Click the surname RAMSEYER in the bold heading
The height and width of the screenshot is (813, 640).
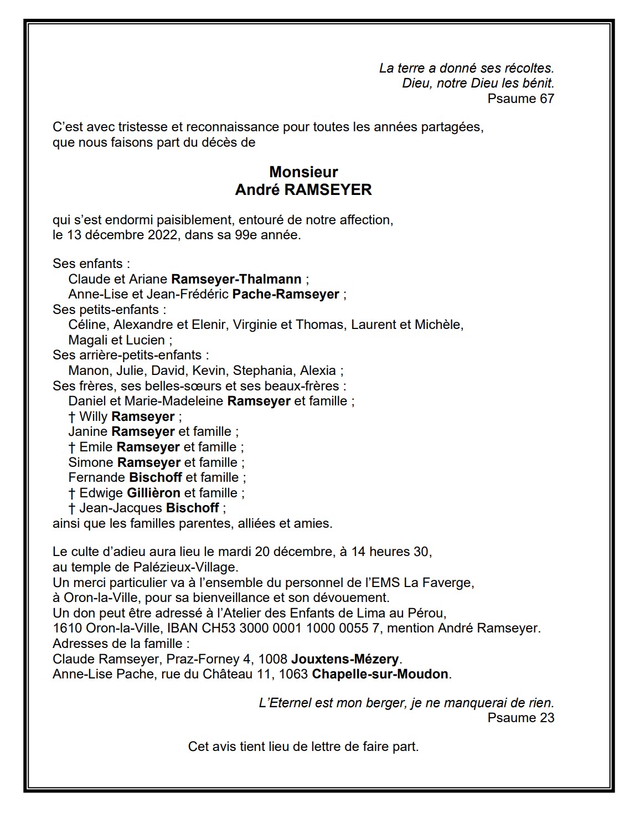click(x=328, y=190)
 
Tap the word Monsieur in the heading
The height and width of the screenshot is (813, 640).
click(x=303, y=172)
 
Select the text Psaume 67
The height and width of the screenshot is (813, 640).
click(x=520, y=99)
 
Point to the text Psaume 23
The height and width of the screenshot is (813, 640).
click(x=520, y=718)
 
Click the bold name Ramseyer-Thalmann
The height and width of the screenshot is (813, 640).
click(x=236, y=279)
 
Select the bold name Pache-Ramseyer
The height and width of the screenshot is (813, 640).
click(x=286, y=294)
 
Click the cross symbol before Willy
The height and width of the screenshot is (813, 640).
click(x=72, y=416)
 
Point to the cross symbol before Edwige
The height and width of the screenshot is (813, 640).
click(x=72, y=493)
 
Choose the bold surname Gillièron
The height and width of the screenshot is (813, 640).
click(x=154, y=493)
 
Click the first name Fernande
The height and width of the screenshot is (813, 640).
click(x=96, y=477)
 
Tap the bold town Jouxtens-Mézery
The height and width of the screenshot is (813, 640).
click(x=345, y=659)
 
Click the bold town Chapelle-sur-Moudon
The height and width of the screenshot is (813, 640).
click(x=380, y=675)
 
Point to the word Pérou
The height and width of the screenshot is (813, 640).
click(x=429, y=613)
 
